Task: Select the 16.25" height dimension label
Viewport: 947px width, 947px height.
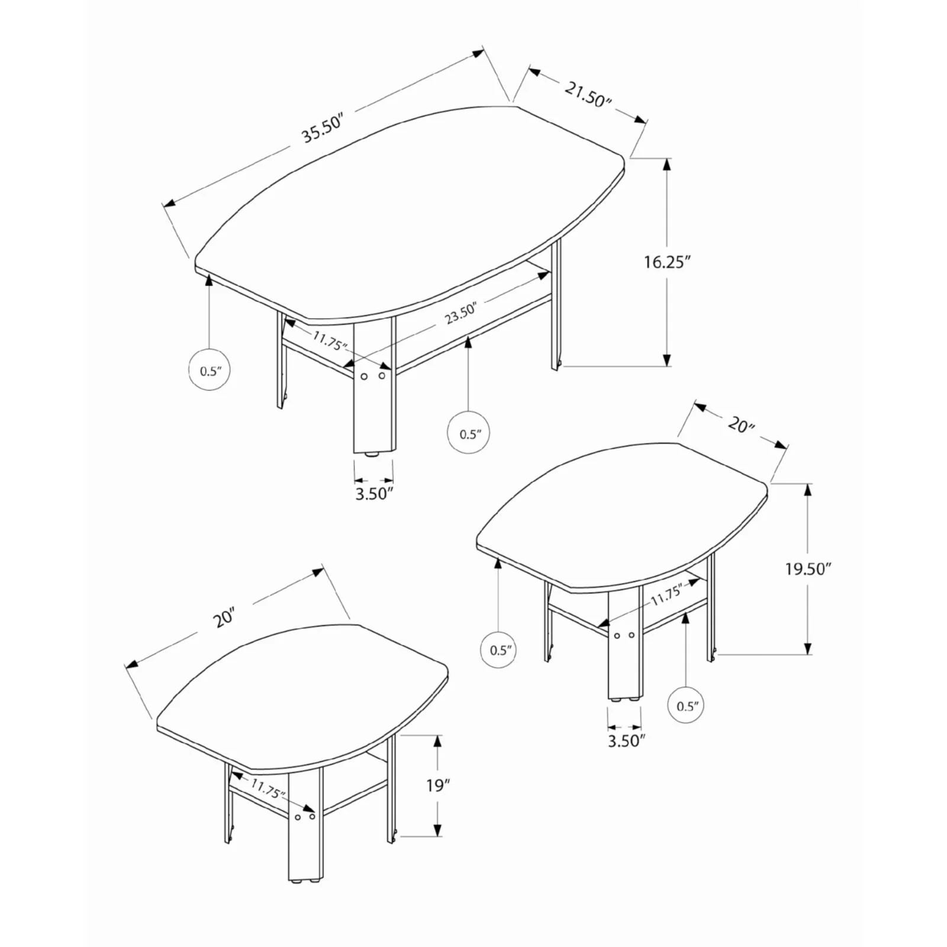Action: coord(668,262)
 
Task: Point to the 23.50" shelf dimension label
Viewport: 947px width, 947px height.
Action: coord(460,313)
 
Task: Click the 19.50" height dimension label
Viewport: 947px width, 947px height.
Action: coord(809,569)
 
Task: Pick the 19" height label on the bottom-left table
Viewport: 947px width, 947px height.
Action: coord(438,785)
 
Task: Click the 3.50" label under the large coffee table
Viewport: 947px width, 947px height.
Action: coord(374,494)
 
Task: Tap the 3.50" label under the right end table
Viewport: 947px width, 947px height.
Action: coord(626,740)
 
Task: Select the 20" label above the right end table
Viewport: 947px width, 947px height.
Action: coord(741,424)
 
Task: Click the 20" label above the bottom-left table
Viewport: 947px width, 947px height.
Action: coord(225,618)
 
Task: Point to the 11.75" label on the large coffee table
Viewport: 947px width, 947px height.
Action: coord(330,341)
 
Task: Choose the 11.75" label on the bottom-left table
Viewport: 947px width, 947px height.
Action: coord(268,789)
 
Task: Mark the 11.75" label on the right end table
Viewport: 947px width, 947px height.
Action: coord(667,594)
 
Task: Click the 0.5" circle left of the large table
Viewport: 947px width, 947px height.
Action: coord(210,371)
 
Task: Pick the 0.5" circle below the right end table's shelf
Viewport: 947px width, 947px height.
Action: coord(687,706)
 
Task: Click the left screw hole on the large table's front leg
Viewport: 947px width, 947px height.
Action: coord(365,376)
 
